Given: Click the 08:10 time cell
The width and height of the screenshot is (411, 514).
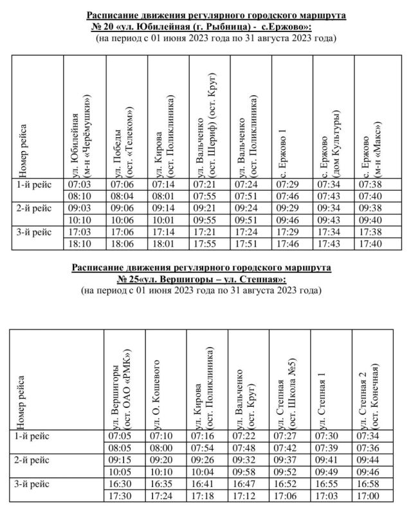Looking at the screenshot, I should pyautogui.click(x=78, y=197).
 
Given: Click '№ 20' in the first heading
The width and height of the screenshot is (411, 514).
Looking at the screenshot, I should pyautogui.click(x=104, y=27).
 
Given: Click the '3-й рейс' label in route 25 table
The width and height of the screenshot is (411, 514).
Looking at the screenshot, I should pyautogui.click(x=35, y=484).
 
